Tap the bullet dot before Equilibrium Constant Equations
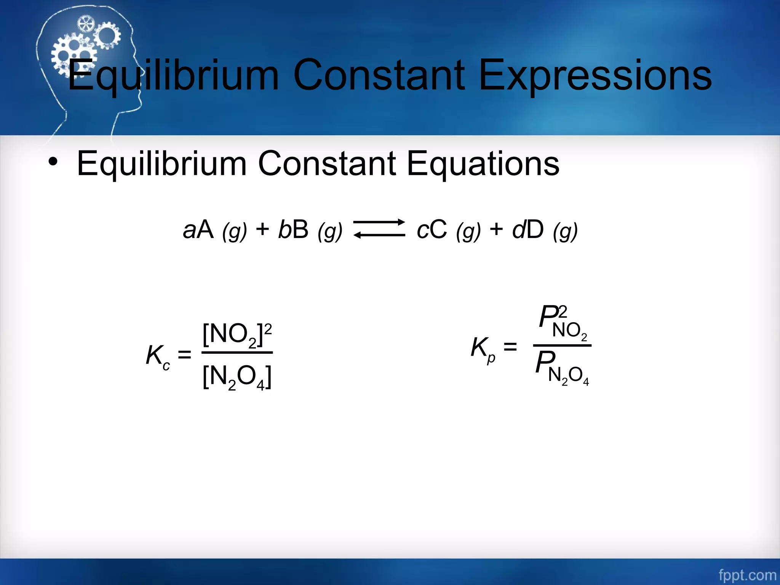pyautogui.click(x=53, y=162)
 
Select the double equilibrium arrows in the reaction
pyautogui.click(x=379, y=229)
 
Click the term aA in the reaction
pyautogui.click(x=198, y=230)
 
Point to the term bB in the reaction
pyautogui.click(x=293, y=230)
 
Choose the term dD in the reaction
pyautogui.click(x=528, y=230)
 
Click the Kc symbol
pyautogui.click(x=157, y=356)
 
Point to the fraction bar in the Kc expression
pyautogui.click(x=237, y=353)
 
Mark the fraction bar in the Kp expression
pyautogui.click(x=562, y=345)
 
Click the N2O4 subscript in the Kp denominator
pyautogui.click(x=569, y=376)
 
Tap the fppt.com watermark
pyautogui.click(x=747, y=574)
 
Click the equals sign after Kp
pyautogui.click(x=510, y=347)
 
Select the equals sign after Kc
pyautogui.click(x=185, y=355)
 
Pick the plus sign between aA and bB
pyautogui.click(x=262, y=229)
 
